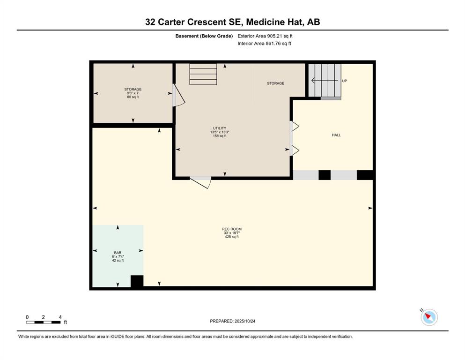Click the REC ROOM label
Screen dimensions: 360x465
point(232,229)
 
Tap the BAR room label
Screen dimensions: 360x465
point(118,252)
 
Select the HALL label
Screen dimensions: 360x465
point(336,135)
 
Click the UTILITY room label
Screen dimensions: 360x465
point(219,128)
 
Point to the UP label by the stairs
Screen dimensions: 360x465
point(345,81)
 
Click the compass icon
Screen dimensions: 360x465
point(428,317)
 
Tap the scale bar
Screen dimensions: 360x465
point(43,322)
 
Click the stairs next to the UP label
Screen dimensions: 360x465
point(326,81)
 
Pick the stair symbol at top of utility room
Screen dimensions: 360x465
point(203,75)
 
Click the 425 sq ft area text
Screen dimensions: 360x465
point(232,237)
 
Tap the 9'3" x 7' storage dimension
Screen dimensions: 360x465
point(133,93)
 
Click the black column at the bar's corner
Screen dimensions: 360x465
point(137,281)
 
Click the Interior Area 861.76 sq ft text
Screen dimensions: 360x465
point(264,44)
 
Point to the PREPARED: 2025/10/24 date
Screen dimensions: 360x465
point(233,321)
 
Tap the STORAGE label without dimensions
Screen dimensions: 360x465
point(275,83)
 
